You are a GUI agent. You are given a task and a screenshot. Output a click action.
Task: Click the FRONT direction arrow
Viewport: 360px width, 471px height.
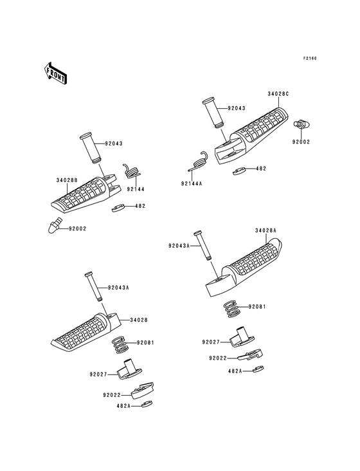(x=55, y=73)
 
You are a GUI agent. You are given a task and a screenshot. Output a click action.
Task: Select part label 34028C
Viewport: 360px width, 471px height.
(x=278, y=94)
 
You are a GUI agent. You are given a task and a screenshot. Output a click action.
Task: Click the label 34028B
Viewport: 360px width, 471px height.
(x=67, y=180)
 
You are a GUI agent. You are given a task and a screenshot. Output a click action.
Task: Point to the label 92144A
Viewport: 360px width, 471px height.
(x=192, y=183)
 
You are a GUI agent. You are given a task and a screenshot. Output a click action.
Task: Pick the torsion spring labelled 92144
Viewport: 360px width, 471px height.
(x=132, y=172)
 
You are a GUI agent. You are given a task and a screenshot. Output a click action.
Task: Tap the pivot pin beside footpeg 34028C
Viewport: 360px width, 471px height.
(x=212, y=113)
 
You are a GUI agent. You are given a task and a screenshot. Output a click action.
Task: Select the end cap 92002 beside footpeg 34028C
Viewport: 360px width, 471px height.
(x=301, y=124)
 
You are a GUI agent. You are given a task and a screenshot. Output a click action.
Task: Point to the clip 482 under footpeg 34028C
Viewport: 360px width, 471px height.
(x=239, y=171)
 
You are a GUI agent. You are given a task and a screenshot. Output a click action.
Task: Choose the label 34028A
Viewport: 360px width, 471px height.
(x=265, y=231)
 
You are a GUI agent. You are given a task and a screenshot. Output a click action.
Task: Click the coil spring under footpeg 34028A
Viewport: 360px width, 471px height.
(x=233, y=309)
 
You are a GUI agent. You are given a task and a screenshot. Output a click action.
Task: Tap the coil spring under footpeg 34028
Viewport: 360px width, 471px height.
(x=121, y=345)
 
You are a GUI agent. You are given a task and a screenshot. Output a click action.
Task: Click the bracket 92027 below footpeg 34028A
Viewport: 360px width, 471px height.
(x=242, y=337)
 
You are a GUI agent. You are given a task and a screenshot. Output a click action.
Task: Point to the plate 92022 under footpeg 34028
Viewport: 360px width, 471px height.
(x=143, y=390)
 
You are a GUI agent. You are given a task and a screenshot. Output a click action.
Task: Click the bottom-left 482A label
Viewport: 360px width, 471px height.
(x=124, y=406)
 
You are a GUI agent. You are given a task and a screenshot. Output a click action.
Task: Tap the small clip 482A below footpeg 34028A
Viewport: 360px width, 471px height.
(x=258, y=369)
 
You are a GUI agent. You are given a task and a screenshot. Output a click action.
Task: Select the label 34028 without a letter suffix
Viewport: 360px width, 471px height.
(x=139, y=320)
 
